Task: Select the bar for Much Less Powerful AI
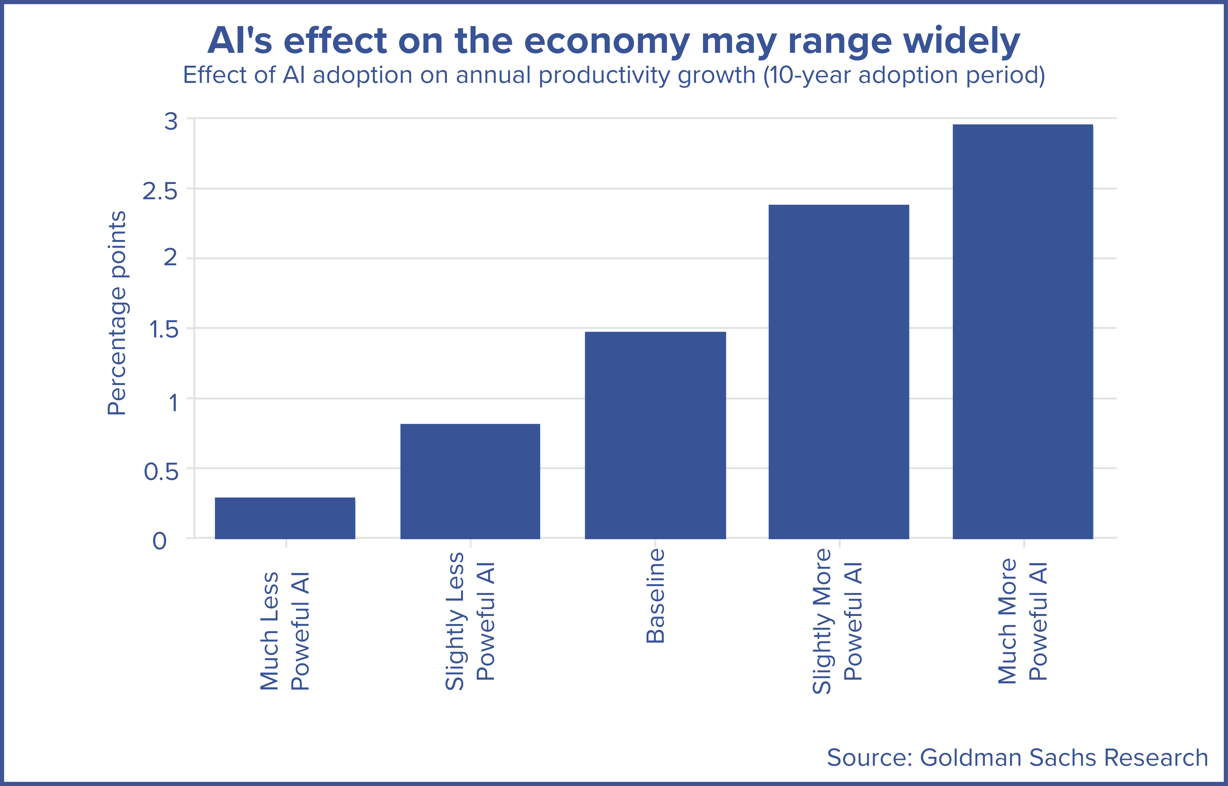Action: tap(285, 518)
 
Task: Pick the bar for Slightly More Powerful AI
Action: tap(839, 372)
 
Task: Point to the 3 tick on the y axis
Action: tap(171, 122)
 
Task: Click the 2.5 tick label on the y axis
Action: tap(160, 192)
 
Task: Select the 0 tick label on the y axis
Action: tap(160, 541)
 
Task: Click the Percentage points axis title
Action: tap(117, 313)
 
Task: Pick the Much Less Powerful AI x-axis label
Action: tap(285, 631)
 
